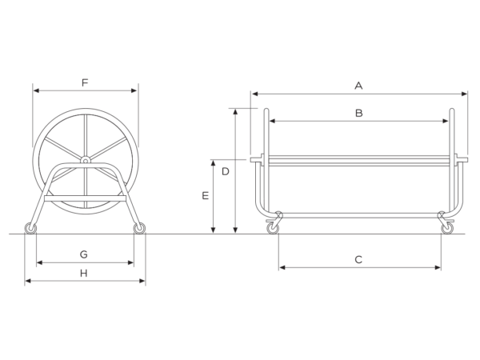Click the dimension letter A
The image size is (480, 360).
358,86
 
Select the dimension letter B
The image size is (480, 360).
358,114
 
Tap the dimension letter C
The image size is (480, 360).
358,260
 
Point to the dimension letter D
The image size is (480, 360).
226,172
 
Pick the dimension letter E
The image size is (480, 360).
206,196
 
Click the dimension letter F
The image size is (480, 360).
85,82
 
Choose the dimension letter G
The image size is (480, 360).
83,254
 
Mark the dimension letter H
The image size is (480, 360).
83,274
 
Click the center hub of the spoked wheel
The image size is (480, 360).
85,160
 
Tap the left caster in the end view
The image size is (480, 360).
30,228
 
